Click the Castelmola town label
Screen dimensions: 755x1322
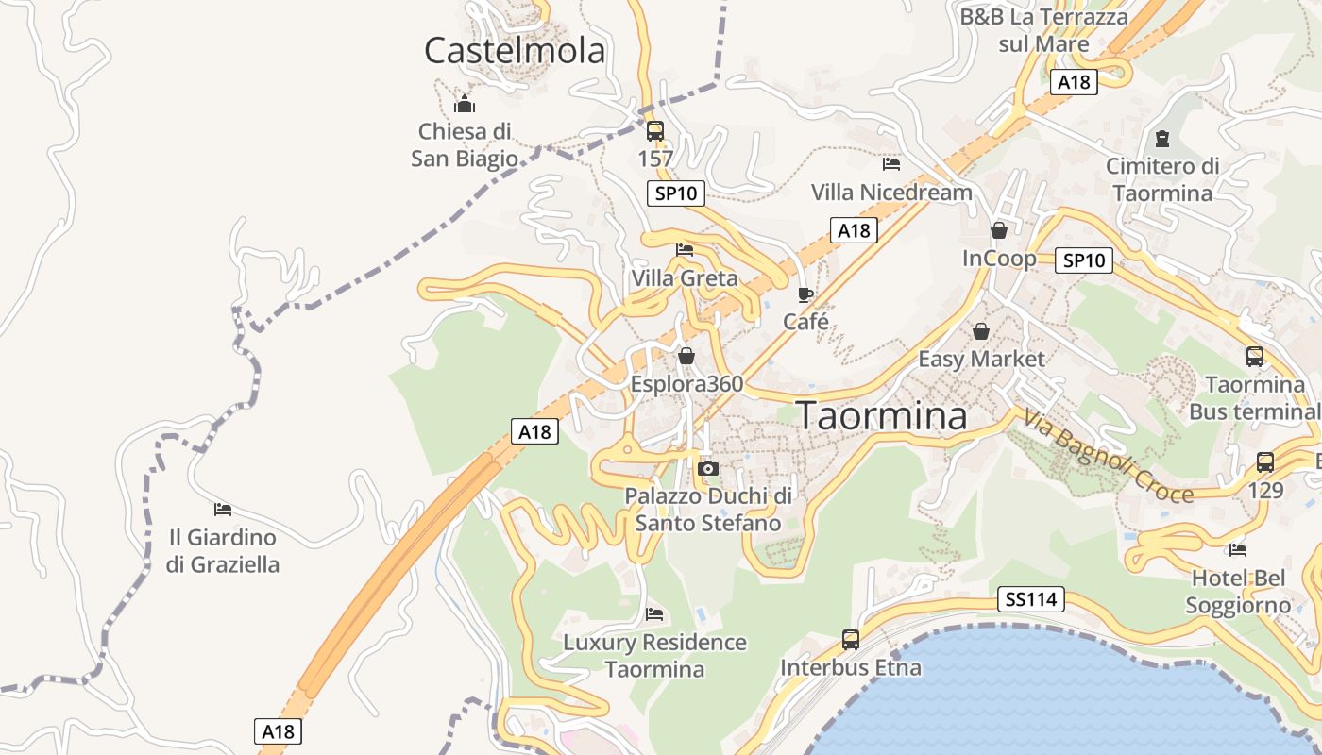515,50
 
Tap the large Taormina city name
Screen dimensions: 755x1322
883,415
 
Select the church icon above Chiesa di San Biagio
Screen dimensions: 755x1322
464,103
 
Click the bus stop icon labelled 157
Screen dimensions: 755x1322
655,130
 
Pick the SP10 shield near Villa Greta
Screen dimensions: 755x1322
676,193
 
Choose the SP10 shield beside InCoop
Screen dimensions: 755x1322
1083,260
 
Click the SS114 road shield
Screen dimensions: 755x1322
1031,598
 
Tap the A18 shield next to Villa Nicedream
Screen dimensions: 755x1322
854,230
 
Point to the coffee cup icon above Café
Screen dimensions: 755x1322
805,294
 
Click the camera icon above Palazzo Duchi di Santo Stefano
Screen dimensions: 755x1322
707,468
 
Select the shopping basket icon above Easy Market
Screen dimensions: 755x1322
981,331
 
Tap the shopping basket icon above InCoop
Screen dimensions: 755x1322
999,230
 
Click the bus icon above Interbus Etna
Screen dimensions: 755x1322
851,640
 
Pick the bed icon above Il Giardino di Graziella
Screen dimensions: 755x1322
223,510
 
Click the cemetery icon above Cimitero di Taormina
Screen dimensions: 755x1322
1162,140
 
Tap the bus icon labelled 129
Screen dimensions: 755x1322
1265,462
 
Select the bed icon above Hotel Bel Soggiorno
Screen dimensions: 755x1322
1238,549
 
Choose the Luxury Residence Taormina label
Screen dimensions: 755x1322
654,656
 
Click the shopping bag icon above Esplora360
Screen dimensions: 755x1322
686,356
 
